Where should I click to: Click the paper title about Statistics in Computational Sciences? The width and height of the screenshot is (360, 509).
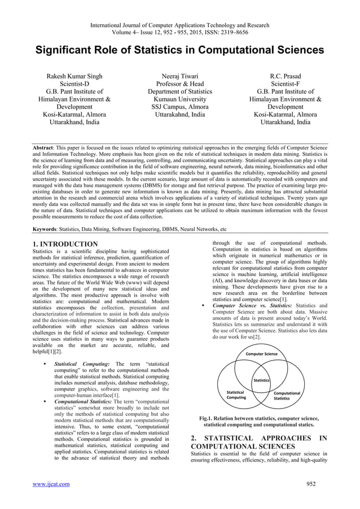(x=180, y=50)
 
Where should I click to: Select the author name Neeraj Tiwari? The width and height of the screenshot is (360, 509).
(x=180, y=76)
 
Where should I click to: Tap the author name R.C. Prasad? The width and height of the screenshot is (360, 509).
(x=285, y=76)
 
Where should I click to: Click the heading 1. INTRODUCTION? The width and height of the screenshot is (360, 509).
(x=65, y=244)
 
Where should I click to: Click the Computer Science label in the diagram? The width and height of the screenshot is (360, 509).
(x=260, y=354)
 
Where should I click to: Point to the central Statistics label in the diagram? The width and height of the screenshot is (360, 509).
(x=261, y=380)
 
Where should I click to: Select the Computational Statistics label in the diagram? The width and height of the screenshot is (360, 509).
(x=286, y=396)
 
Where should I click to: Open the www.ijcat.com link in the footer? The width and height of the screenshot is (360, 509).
(x=52, y=484)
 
